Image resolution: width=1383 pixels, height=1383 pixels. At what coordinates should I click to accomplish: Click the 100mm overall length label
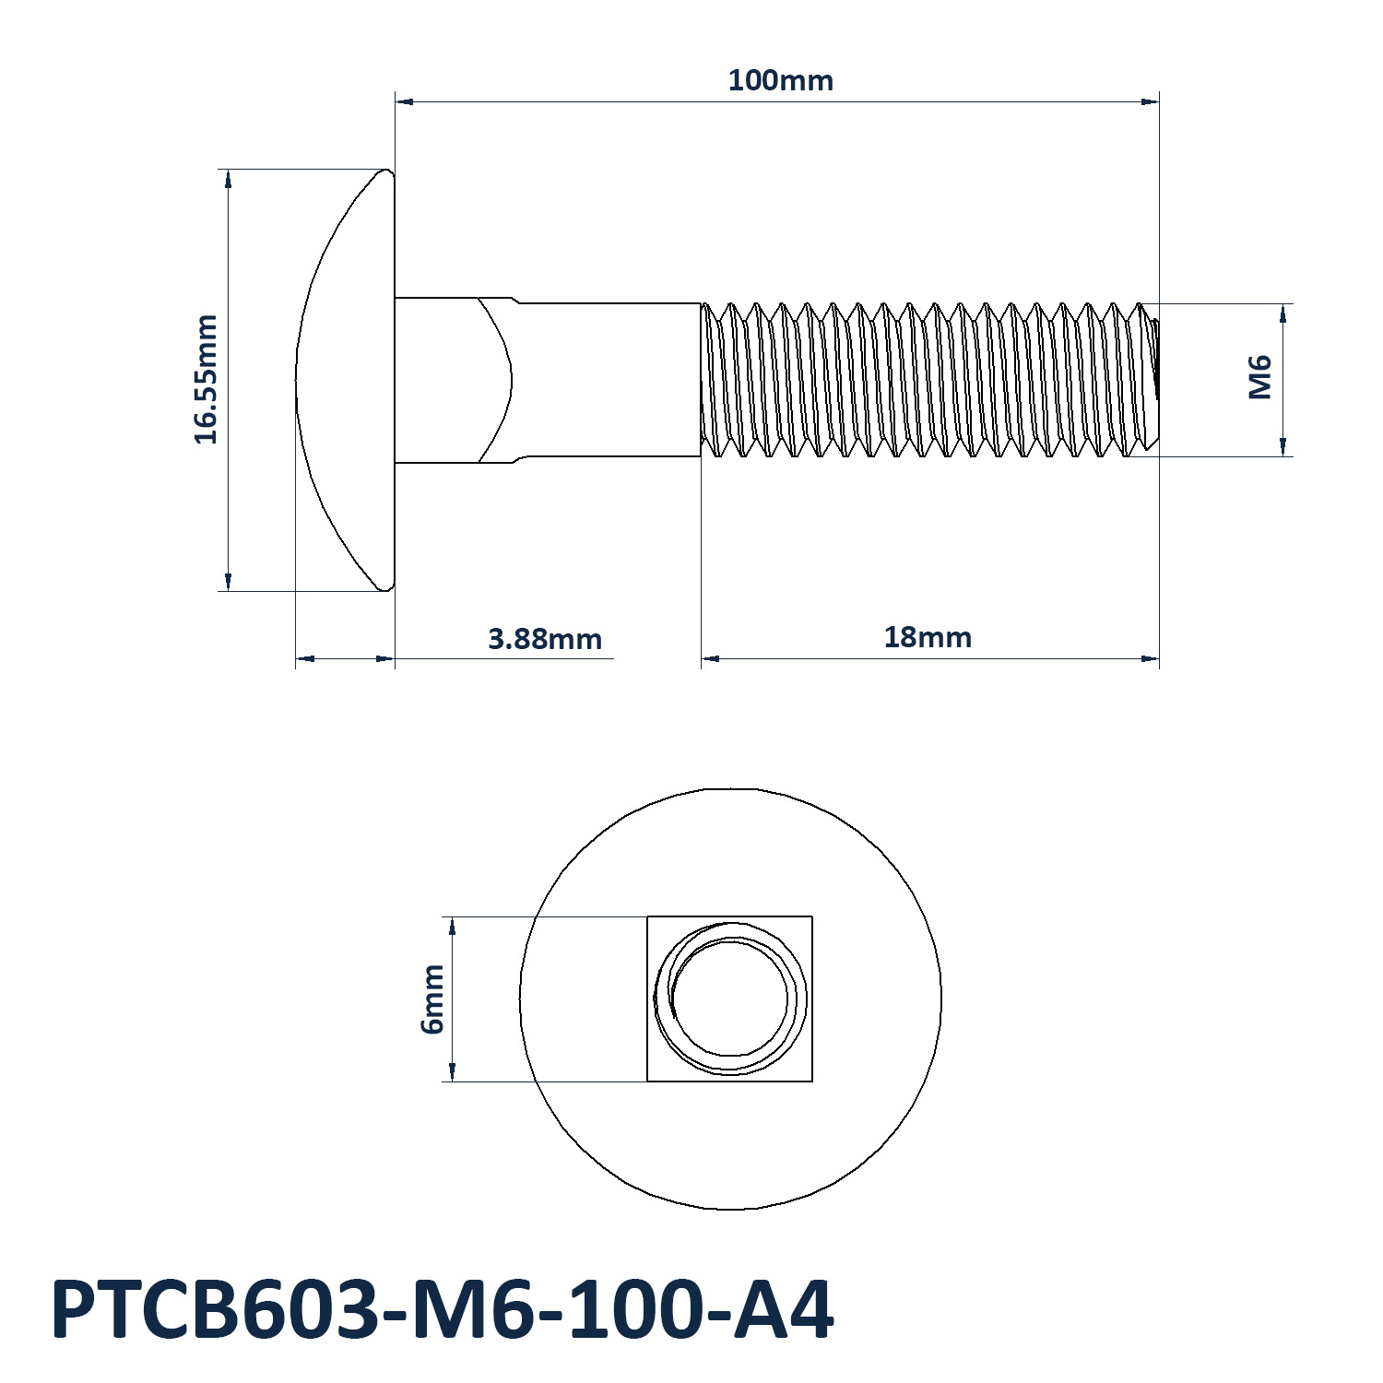click(780, 80)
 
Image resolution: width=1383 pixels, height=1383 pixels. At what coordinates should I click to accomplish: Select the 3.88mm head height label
click(544, 638)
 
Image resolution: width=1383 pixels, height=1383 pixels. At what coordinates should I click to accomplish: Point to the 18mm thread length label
click(928, 637)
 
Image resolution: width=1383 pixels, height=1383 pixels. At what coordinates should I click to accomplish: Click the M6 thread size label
click(1259, 378)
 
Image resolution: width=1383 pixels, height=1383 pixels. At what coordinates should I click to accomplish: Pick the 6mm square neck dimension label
click(431, 999)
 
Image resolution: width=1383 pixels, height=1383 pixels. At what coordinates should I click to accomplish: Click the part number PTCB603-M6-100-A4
click(443, 1309)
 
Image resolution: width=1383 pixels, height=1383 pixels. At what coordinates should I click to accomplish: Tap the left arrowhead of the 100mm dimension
click(404, 101)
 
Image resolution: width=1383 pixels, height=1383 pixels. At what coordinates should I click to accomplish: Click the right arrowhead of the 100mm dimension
click(1150, 101)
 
